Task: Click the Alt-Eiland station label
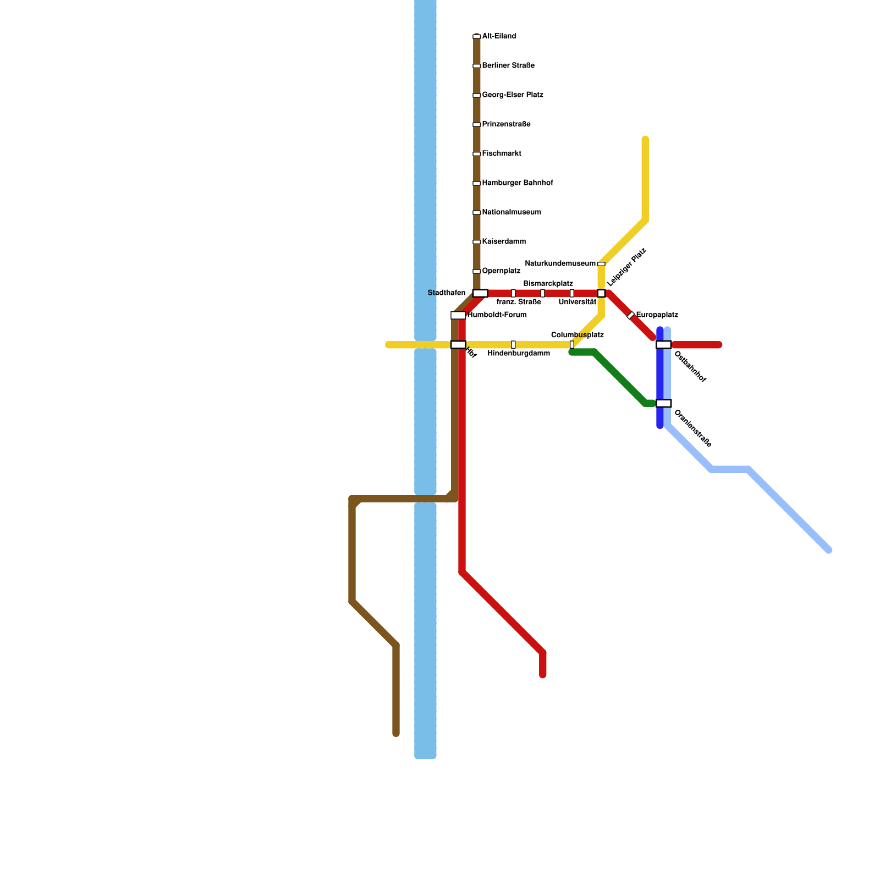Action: click(499, 36)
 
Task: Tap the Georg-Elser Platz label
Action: click(513, 95)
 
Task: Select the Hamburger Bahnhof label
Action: click(518, 183)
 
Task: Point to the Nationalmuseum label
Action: click(512, 212)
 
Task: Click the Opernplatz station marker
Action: click(476, 271)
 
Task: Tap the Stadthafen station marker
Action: click(480, 293)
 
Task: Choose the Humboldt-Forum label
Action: click(497, 315)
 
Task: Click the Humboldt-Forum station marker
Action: click(458, 315)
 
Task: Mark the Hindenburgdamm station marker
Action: click(513, 345)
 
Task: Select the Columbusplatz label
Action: click(577, 335)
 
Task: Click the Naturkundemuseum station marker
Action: click(601, 264)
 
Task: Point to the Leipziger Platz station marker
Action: click(601, 293)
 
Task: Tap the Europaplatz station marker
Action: click(631, 315)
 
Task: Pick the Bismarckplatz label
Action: click(548, 284)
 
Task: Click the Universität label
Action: click(577, 302)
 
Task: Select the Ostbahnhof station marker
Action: click(663, 345)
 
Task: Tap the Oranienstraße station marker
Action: click(663, 403)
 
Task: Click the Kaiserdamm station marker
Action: click(476, 242)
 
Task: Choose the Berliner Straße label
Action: click(508, 66)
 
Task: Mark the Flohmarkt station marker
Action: click(476, 154)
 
